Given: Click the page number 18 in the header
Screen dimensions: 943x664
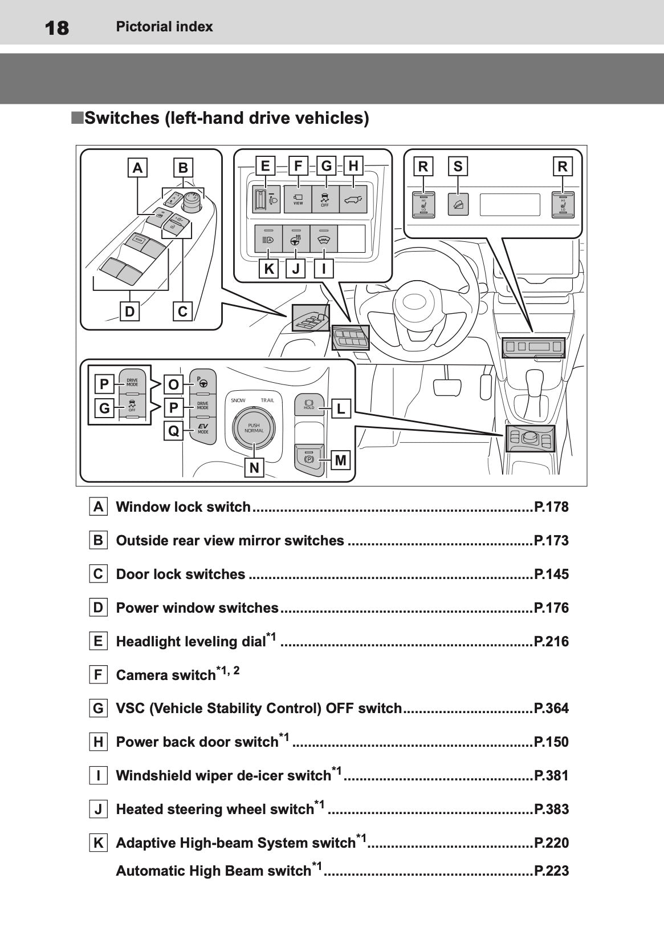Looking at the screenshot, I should [56, 27].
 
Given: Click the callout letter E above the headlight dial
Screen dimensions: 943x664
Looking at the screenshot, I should [265, 166].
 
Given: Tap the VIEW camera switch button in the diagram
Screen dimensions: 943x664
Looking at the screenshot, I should [298, 199].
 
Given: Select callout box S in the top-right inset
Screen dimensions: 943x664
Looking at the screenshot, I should [458, 167].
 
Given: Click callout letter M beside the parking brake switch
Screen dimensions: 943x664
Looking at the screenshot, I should [340, 460].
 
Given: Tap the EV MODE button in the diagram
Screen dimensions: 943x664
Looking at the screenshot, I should [203, 430].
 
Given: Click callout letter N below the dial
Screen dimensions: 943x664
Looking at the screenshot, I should [254, 468].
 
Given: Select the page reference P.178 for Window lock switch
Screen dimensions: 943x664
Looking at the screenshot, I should [551, 507].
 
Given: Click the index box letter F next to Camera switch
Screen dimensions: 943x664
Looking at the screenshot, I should [99, 675].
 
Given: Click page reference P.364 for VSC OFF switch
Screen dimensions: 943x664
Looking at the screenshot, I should [551, 709].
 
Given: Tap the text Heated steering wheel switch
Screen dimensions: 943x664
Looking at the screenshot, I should [214, 810].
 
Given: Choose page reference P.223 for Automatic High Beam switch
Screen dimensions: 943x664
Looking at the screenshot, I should [551, 871].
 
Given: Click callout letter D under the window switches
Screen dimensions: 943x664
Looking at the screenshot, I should [130, 311].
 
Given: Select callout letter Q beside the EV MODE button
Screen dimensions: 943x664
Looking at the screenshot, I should [173, 431].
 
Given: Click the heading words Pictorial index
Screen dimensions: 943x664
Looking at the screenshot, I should [164, 27].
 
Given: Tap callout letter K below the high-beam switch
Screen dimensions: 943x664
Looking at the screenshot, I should [268, 269].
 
